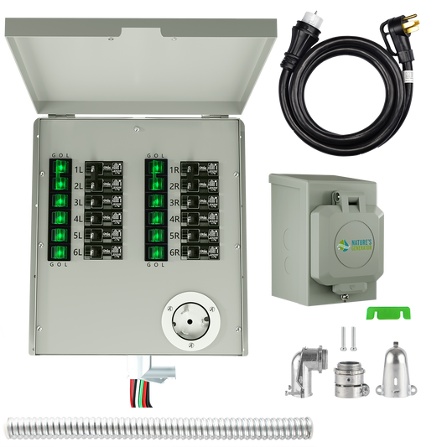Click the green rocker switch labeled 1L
tap(60, 169)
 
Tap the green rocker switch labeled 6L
tap(60, 252)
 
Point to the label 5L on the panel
tap(78, 236)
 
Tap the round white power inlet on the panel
tap(189, 319)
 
